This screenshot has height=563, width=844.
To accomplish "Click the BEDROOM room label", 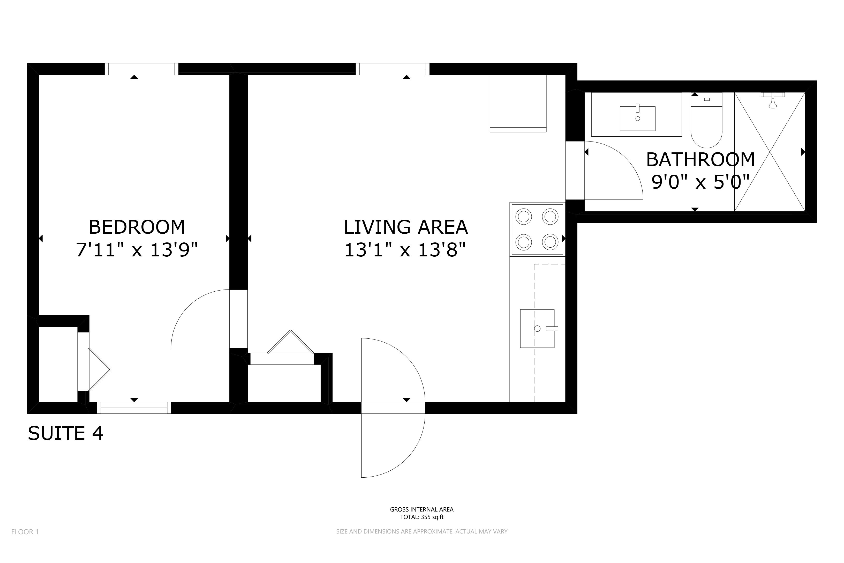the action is (137, 227).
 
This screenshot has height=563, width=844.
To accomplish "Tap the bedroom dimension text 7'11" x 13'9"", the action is (137, 249).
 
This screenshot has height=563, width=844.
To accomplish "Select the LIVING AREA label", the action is (405, 227).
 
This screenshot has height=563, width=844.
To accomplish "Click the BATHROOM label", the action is (700, 160).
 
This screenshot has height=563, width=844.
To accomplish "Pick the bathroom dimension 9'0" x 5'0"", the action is (700, 182).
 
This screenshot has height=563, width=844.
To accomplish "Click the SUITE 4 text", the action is (66, 433).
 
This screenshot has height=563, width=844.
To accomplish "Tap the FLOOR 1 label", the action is (25, 532).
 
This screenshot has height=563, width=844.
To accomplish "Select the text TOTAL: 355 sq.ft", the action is (422, 517).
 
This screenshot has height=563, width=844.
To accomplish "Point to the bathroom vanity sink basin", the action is (638, 118).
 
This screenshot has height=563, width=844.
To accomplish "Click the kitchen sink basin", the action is (537, 329).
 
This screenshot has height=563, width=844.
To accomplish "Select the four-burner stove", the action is (537, 229).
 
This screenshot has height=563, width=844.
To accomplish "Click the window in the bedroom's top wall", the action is (141, 69).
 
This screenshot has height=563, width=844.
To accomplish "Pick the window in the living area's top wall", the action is (393, 69).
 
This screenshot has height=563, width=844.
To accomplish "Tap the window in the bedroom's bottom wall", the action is (134, 408).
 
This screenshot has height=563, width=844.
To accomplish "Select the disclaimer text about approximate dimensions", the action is (422, 531).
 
